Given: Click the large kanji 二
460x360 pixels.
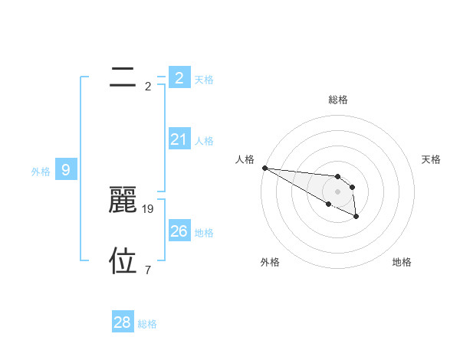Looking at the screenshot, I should tap(123, 77).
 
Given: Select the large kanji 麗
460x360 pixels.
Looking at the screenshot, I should tap(123, 200).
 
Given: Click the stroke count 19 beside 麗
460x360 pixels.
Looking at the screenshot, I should tap(149, 208).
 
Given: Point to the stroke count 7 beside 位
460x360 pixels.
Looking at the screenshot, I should tap(148, 270).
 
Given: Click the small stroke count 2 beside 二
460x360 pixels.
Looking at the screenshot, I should tap(148, 86).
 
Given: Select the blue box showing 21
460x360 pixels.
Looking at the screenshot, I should tap(179, 139).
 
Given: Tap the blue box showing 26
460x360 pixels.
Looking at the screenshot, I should tap(179, 231).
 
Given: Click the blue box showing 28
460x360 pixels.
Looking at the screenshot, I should tap(122, 322).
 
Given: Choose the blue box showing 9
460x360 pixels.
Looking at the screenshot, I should tap(66, 170).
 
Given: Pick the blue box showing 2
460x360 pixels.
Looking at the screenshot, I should tap(179, 77).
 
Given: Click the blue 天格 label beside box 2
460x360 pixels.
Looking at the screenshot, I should tap(204, 79).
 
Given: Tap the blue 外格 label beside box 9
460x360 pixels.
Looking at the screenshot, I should tap(41, 172).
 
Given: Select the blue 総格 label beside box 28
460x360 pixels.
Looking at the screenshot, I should tap(147, 324).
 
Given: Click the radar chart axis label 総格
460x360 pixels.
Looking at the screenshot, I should tap(338, 100).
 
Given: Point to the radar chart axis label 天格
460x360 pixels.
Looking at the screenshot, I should tap(431, 159).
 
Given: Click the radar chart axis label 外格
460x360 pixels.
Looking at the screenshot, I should tap(270, 262).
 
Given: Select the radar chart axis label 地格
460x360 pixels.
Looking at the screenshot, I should tap(402, 262).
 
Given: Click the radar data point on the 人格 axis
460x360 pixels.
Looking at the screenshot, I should tap(264, 168).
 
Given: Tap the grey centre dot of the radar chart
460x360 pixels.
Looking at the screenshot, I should tap(337, 191).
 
